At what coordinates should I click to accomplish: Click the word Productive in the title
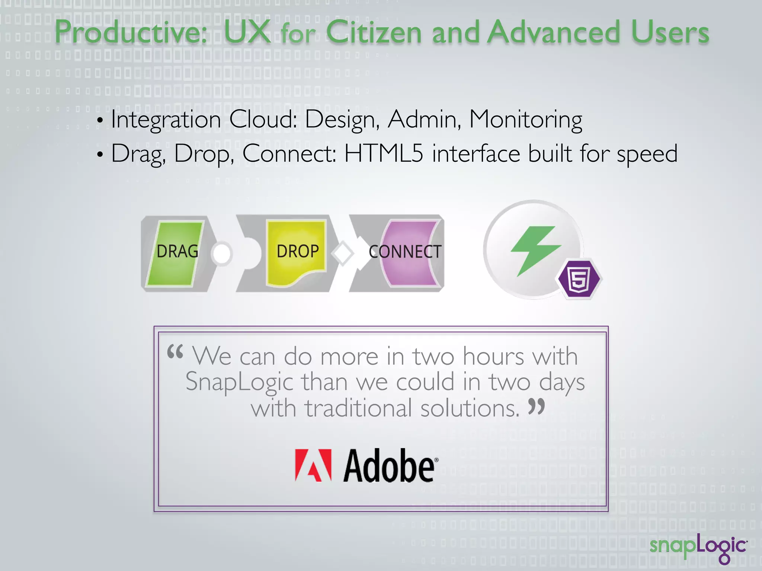pyautogui.click(x=130, y=33)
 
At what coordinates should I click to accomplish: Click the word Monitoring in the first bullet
pyautogui.click(x=525, y=120)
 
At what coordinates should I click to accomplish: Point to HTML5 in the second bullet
pyautogui.click(x=384, y=154)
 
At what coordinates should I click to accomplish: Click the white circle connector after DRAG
pyautogui.click(x=222, y=254)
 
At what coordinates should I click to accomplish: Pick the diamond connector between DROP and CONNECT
pyautogui.click(x=342, y=254)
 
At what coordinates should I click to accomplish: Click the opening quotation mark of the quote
pyautogui.click(x=175, y=351)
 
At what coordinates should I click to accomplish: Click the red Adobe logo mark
pyautogui.click(x=313, y=465)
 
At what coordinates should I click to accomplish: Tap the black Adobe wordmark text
pyautogui.click(x=389, y=466)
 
